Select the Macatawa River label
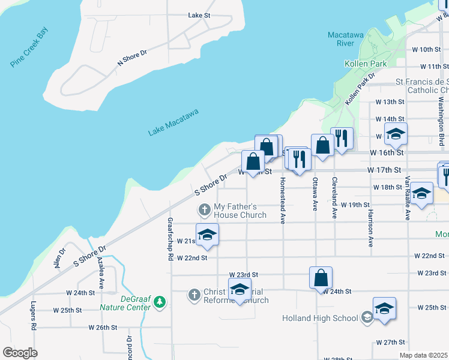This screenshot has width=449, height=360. (x=345, y=39)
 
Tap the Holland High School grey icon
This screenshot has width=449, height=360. (x=367, y=317)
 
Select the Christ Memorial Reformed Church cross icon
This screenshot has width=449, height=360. (x=194, y=295)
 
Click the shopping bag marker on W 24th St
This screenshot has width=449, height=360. (x=321, y=278)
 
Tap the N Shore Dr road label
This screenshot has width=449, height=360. (x=132, y=58)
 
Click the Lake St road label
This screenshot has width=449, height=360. (x=199, y=15)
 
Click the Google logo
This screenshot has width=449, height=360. (x=20, y=353)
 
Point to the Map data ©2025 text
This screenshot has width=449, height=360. (x=424, y=355)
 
